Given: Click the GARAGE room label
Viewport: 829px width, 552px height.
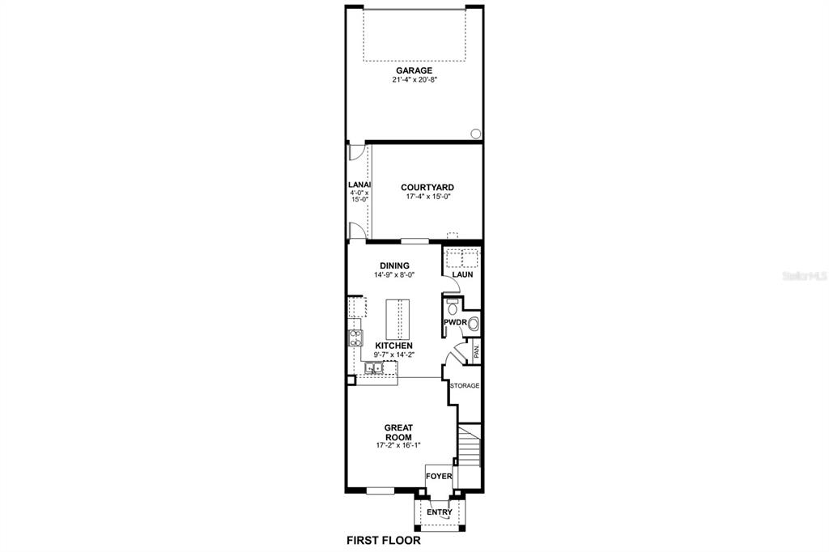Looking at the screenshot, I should [x=414, y=70].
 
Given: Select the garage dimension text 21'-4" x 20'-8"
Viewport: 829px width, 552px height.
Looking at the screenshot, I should [x=414, y=80].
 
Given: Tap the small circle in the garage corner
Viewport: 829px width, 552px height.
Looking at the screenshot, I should [x=475, y=134].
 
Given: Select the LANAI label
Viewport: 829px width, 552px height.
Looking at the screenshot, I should [x=358, y=185].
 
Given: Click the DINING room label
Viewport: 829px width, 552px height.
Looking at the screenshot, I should [x=394, y=265].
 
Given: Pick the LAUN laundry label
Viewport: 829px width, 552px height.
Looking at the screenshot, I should [x=462, y=274].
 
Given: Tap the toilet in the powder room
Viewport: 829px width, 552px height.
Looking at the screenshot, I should [x=452, y=307].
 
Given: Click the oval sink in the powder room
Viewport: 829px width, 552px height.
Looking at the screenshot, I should [x=474, y=324].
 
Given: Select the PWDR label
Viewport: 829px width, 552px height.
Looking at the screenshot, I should [x=454, y=322].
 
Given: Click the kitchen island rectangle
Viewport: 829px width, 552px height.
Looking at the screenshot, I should [x=397, y=320].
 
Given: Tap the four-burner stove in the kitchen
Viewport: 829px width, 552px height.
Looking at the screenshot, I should [x=355, y=338].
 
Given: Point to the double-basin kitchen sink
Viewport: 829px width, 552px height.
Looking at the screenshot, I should [x=374, y=368].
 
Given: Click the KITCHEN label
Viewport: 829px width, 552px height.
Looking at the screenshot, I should [x=393, y=346].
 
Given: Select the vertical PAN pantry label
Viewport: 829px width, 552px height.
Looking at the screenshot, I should [x=477, y=351].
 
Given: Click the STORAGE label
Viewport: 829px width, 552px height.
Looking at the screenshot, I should [x=465, y=386].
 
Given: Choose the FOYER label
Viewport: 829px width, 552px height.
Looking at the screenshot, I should [x=440, y=477].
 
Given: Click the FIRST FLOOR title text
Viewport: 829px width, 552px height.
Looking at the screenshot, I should [x=384, y=540].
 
